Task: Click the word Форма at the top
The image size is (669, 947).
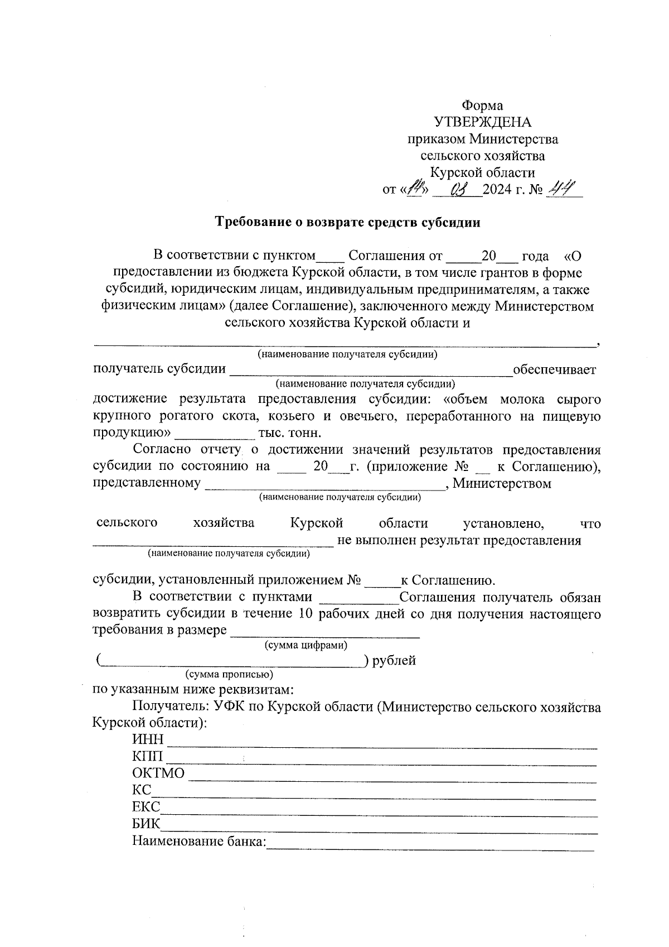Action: tap(482, 105)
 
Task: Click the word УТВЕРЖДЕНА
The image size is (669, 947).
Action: tap(482, 122)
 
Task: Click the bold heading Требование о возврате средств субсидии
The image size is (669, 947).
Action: tap(348, 222)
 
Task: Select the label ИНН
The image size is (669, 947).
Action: tap(148, 740)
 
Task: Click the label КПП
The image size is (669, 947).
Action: tap(148, 757)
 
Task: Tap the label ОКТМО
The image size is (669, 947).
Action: tap(158, 773)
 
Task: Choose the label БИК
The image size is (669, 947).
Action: tap(146, 824)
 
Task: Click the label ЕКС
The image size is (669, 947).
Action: tap(146, 807)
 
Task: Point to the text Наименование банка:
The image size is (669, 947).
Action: tap(199, 841)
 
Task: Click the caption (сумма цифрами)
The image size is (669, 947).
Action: tap(306, 646)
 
